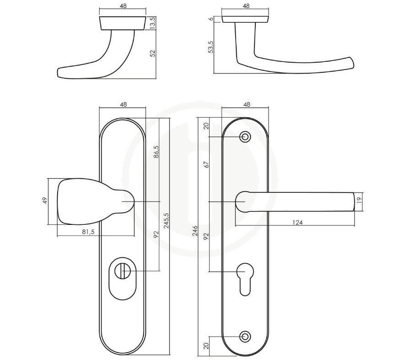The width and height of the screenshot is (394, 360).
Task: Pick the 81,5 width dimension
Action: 88,232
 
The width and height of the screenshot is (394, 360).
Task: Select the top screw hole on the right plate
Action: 245,137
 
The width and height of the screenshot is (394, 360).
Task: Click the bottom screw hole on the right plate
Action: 245,337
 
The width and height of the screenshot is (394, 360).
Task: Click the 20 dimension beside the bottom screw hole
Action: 206,346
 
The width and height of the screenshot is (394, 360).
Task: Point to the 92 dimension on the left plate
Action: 156,235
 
